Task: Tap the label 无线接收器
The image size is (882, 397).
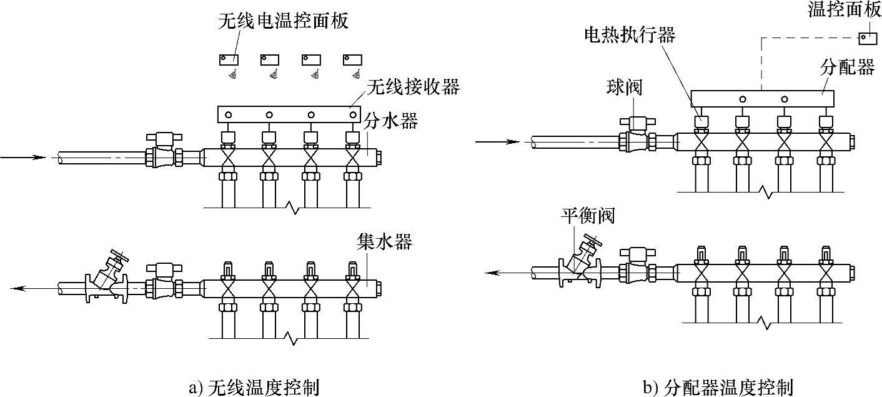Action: coord(414,86)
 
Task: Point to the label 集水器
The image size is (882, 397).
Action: coord(385,241)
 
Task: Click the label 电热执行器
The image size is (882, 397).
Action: coord(630,34)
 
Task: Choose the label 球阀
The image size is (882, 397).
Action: coord(624,88)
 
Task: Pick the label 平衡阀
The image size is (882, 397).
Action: coord(588,216)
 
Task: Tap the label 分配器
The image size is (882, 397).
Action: coord(846,67)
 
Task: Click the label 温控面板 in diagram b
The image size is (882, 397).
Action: coord(843,10)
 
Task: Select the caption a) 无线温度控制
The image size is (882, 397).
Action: coord(254,387)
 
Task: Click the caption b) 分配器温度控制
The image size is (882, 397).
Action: coord(718,387)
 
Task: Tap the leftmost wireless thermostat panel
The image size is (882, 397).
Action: coord(228,59)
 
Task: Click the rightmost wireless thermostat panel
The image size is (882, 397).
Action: coord(352,59)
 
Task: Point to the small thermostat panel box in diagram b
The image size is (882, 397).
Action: coord(868,38)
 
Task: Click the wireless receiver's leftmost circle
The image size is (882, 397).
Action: coord(229,115)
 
